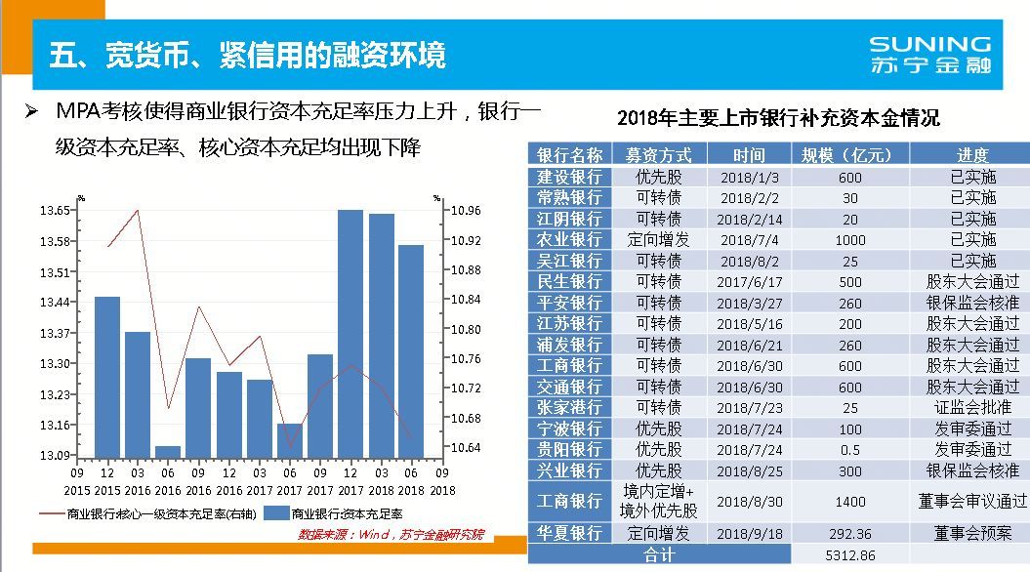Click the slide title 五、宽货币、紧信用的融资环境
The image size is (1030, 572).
coord(248,55)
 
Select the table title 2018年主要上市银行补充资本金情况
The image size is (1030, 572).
coord(778,118)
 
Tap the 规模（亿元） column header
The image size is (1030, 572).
coord(849,155)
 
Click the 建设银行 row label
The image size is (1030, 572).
coord(570,177)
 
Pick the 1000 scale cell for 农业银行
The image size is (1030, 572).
coord(849,240)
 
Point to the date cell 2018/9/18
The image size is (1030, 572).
coord(749,534)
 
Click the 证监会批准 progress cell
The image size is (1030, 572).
coord(968,408)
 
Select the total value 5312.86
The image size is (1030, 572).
coord(849,555)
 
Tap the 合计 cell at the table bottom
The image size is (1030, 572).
coord(659,555)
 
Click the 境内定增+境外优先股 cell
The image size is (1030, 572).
coord(659,501)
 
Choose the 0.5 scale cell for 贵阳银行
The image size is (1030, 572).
coord(849,450)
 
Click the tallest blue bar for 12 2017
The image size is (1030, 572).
coord(350,332)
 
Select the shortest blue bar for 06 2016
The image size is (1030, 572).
coord(168,451)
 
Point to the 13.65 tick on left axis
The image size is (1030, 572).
coord(55,210)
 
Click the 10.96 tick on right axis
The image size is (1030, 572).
coord(467,210)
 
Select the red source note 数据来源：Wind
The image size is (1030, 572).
coord(391,535)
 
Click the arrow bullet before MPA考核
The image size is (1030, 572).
coord(31,111)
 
